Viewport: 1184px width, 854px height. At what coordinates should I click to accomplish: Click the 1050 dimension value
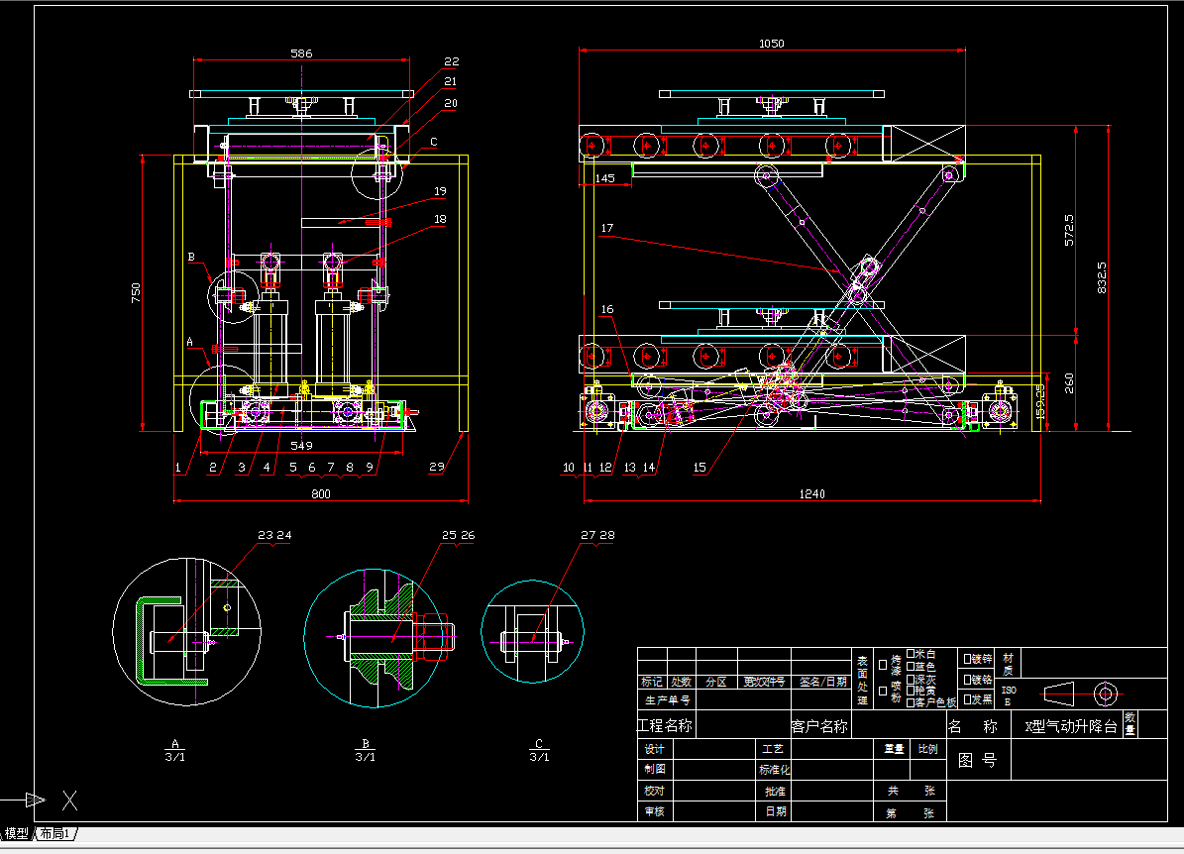click(x=771, y=43)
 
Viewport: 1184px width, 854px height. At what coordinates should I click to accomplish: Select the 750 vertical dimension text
click(x=137, y=292)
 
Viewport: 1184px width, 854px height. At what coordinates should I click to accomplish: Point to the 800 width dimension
click(x=320, y=492)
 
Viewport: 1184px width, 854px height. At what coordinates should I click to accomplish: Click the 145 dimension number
click(x=604, y=177)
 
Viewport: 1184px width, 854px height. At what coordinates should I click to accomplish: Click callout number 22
click(x=452, y=61)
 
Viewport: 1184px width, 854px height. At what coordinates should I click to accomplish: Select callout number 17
click(x=606, y=228)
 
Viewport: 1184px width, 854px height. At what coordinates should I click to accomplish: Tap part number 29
click(x=437, y=466)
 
